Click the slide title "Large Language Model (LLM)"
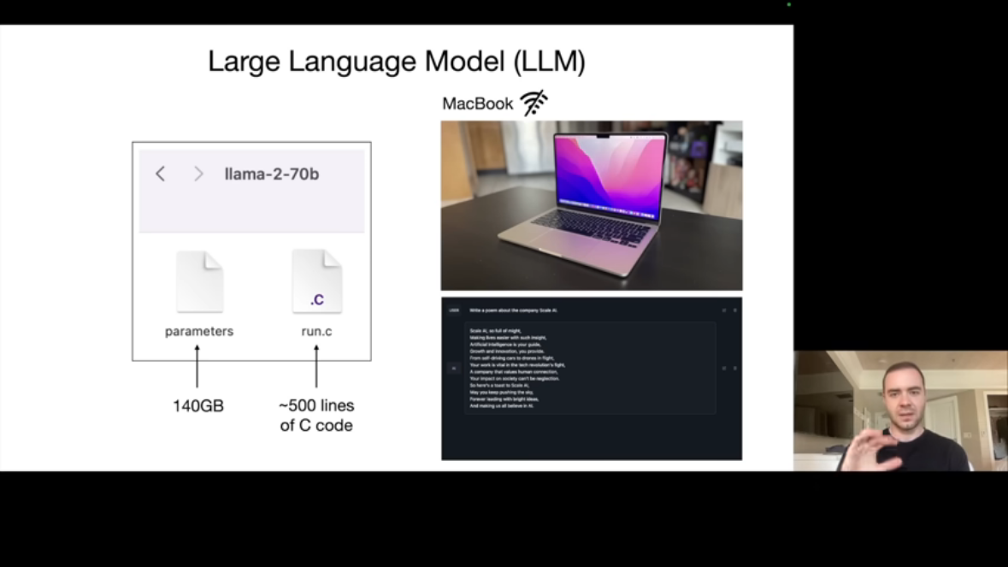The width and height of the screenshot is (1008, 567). coord(397,62)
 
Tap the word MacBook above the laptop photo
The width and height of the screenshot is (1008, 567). coord(477,103)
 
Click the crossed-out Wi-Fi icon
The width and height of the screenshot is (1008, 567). coord(533,103)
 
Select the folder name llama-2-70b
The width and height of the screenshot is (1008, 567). coord(272,174)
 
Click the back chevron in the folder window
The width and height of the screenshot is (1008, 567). coord(160,174)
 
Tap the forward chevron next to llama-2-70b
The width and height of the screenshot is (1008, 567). coord(198,174)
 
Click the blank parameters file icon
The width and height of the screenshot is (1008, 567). coord(199,281)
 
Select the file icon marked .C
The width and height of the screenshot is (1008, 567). coord(316,281)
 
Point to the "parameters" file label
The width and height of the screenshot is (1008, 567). coord(199,331)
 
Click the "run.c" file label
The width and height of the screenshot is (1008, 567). coord(316,331)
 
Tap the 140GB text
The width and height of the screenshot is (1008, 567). coord(198,406)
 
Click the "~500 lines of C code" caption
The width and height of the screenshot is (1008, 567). coord(316,415)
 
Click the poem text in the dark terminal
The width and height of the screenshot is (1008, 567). coord(515,368)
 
